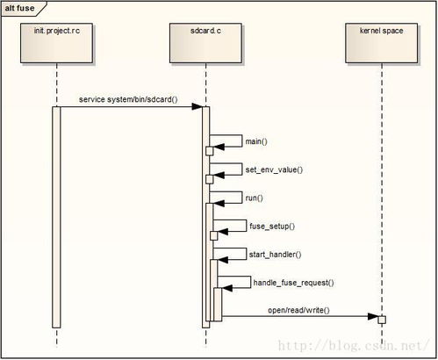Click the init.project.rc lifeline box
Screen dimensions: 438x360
[56, 43]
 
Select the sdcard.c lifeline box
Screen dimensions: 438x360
[205, 43]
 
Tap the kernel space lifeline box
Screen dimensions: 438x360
[382, 43]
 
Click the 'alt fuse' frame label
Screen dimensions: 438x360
[19, 8]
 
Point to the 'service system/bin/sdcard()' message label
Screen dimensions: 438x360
[128, 99]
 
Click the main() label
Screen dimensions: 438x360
[256, 141]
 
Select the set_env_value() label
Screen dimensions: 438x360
[274, 169]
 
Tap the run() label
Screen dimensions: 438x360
[255, 198]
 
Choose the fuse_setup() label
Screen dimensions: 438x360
[272, 227]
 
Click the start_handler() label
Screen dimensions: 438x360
[275, 255]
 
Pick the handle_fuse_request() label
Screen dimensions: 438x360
[293, 283]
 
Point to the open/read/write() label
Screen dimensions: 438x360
[298, 310]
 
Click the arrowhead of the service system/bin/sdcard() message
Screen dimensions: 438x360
[197, 106]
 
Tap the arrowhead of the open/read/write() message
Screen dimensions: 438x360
[373, 316]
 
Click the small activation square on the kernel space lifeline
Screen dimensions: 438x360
[382, 320]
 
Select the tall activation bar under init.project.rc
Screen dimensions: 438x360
[56, 217]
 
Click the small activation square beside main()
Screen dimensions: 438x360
[210, 151]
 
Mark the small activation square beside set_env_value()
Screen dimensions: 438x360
[210, 179]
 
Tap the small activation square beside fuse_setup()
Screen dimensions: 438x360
[214, 235]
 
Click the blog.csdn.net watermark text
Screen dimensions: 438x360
[353, 346]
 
